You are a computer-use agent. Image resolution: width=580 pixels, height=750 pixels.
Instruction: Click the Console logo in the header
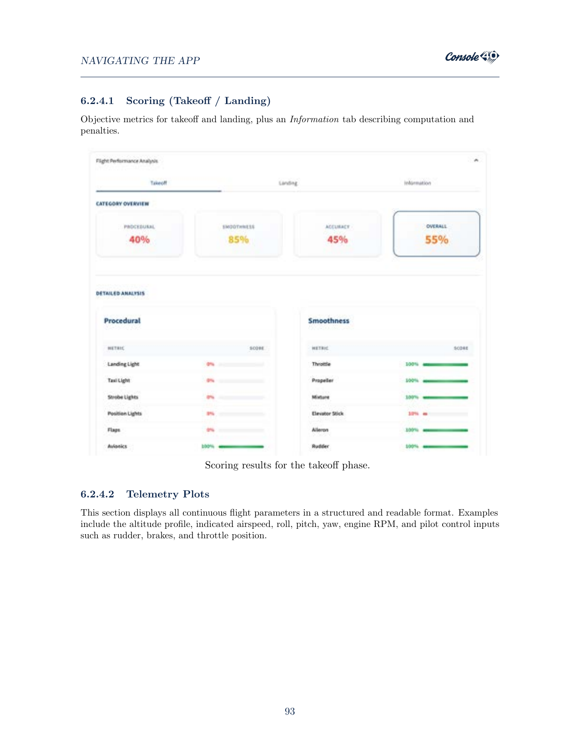point(472,57)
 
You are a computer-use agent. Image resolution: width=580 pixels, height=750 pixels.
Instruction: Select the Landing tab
point(288,183)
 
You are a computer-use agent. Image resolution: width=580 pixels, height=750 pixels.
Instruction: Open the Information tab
point(417,183)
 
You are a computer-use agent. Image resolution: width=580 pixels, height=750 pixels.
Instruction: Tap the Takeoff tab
point(159,183)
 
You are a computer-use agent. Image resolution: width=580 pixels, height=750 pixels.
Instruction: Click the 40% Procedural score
point(139,239)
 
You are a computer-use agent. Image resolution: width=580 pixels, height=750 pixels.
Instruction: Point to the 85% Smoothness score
point(238,239)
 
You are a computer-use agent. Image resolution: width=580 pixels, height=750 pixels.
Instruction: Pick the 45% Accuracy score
point(338,239)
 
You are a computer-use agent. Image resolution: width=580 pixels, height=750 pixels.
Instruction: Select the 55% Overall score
point(436,239)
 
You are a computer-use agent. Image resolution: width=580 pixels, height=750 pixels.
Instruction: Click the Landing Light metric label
point(123,364)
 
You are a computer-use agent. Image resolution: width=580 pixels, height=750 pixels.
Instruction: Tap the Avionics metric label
point(117,447)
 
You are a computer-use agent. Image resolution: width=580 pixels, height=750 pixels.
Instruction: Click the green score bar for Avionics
point(241,447)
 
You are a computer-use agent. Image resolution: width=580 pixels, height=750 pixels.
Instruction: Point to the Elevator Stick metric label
point(328,414)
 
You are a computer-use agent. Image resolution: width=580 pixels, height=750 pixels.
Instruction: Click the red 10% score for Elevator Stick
point(413,414)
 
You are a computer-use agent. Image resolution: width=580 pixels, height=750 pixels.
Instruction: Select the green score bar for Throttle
point(445,364)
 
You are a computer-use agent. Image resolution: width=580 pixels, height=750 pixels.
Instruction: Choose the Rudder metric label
point(320,447)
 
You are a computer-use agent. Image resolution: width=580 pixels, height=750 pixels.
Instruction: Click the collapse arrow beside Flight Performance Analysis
point(476,160)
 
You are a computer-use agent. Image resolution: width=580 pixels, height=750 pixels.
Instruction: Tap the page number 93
point(290,711)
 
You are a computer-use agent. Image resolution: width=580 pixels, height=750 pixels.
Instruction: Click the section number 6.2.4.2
point(97,494)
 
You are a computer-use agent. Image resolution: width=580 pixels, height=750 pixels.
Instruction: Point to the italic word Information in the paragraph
point(314,119)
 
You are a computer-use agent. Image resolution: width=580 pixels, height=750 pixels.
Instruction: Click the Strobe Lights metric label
point(123,397)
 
